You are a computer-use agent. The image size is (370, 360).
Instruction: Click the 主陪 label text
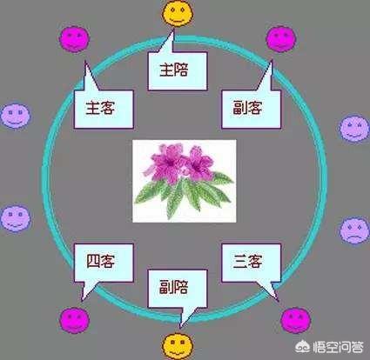pos(173,70)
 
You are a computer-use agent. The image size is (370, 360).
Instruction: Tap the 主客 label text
pos(100,108)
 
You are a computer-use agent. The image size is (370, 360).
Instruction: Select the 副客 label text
pos(247,108)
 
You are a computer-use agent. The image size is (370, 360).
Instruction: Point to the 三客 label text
pos(247,262)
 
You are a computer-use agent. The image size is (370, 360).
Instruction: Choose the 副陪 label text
pos(173,287)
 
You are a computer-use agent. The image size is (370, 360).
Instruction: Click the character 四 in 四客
pos(93,262)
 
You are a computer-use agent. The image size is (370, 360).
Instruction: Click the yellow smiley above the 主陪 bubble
pos(178,13)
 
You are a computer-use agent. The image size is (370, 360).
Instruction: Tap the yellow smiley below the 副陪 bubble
pos(177,346)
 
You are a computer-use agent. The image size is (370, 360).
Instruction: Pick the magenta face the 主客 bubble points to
pos(75,39)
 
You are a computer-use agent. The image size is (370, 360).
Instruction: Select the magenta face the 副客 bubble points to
pos(281,39)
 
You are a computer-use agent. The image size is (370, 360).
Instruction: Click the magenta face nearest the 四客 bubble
pos(75,320)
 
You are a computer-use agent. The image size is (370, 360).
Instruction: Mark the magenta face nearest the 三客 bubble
pos(296,321)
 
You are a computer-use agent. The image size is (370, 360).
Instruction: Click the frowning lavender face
pos(354,230)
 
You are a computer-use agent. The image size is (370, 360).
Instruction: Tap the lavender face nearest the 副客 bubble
pos(354,128)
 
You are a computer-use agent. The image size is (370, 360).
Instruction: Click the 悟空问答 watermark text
pos(338,347)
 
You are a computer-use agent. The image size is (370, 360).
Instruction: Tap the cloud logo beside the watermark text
pos(303,347)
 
